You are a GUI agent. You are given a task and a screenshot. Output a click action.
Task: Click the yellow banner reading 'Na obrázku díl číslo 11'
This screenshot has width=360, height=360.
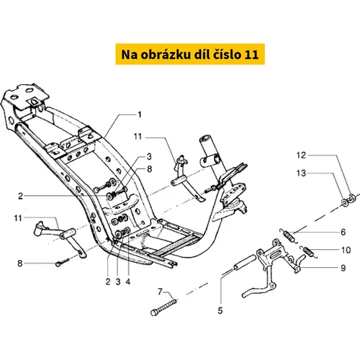(x=190, y=54)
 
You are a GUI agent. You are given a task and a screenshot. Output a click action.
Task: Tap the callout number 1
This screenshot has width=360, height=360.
(x=140, y=114)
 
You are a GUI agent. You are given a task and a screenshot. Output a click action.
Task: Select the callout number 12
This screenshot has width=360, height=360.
(x=301, y=156)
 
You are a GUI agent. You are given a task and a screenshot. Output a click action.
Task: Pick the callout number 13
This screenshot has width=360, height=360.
(x=301, y=173)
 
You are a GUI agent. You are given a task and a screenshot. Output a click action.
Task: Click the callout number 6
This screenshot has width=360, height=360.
(x=343, y=232)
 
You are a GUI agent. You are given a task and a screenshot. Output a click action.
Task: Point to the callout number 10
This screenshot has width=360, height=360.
(x=346, y=250)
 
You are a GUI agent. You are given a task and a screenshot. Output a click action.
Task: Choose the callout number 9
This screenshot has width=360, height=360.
(x=343, y=268)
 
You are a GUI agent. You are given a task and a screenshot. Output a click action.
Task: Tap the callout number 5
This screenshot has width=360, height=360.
(x=220, y=310)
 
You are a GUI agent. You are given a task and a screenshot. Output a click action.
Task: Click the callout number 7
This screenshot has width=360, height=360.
(x=160, y=292)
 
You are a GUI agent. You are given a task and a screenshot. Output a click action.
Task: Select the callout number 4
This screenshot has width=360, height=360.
(x=128, y=282)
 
